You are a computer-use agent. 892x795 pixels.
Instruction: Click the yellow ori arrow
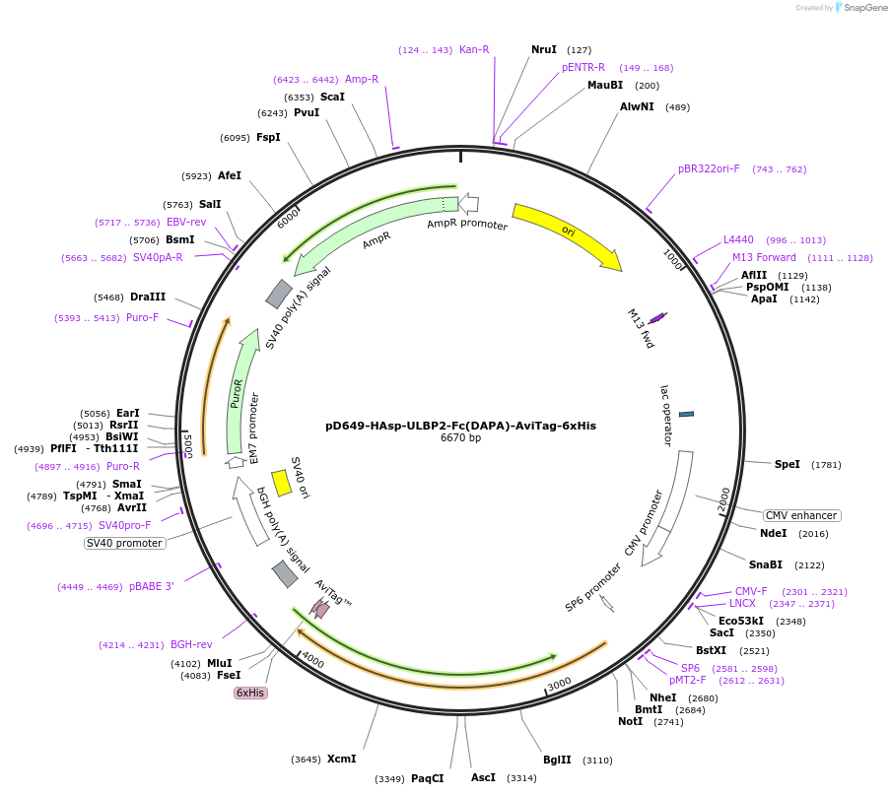[567, 235]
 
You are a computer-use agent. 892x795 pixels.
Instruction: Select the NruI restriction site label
[544, 49]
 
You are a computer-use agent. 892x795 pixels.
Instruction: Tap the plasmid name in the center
[460, 426]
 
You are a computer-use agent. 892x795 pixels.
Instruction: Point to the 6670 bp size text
[460, 438]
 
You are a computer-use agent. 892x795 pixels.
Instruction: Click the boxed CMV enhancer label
[801, 515]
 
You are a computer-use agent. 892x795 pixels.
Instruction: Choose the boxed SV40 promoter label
[123, 543]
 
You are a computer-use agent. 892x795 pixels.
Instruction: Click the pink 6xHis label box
[249, 693]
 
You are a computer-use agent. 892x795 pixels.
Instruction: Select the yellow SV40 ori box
[281, 483]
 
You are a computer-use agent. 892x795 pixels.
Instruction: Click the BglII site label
[557, 760]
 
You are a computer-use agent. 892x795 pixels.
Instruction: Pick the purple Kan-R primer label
[474, 49]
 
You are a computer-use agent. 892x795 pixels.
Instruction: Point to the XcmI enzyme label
[341, 759]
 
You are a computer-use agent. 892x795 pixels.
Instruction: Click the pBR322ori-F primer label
[709, 168]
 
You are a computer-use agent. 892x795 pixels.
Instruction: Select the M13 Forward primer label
[764, 257]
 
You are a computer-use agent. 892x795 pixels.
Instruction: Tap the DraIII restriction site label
[148, 297]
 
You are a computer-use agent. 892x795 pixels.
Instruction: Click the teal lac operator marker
[686, 414]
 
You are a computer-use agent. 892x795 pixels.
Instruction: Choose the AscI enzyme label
[483, 777]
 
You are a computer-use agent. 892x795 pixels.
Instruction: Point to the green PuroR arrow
[235, 394]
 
